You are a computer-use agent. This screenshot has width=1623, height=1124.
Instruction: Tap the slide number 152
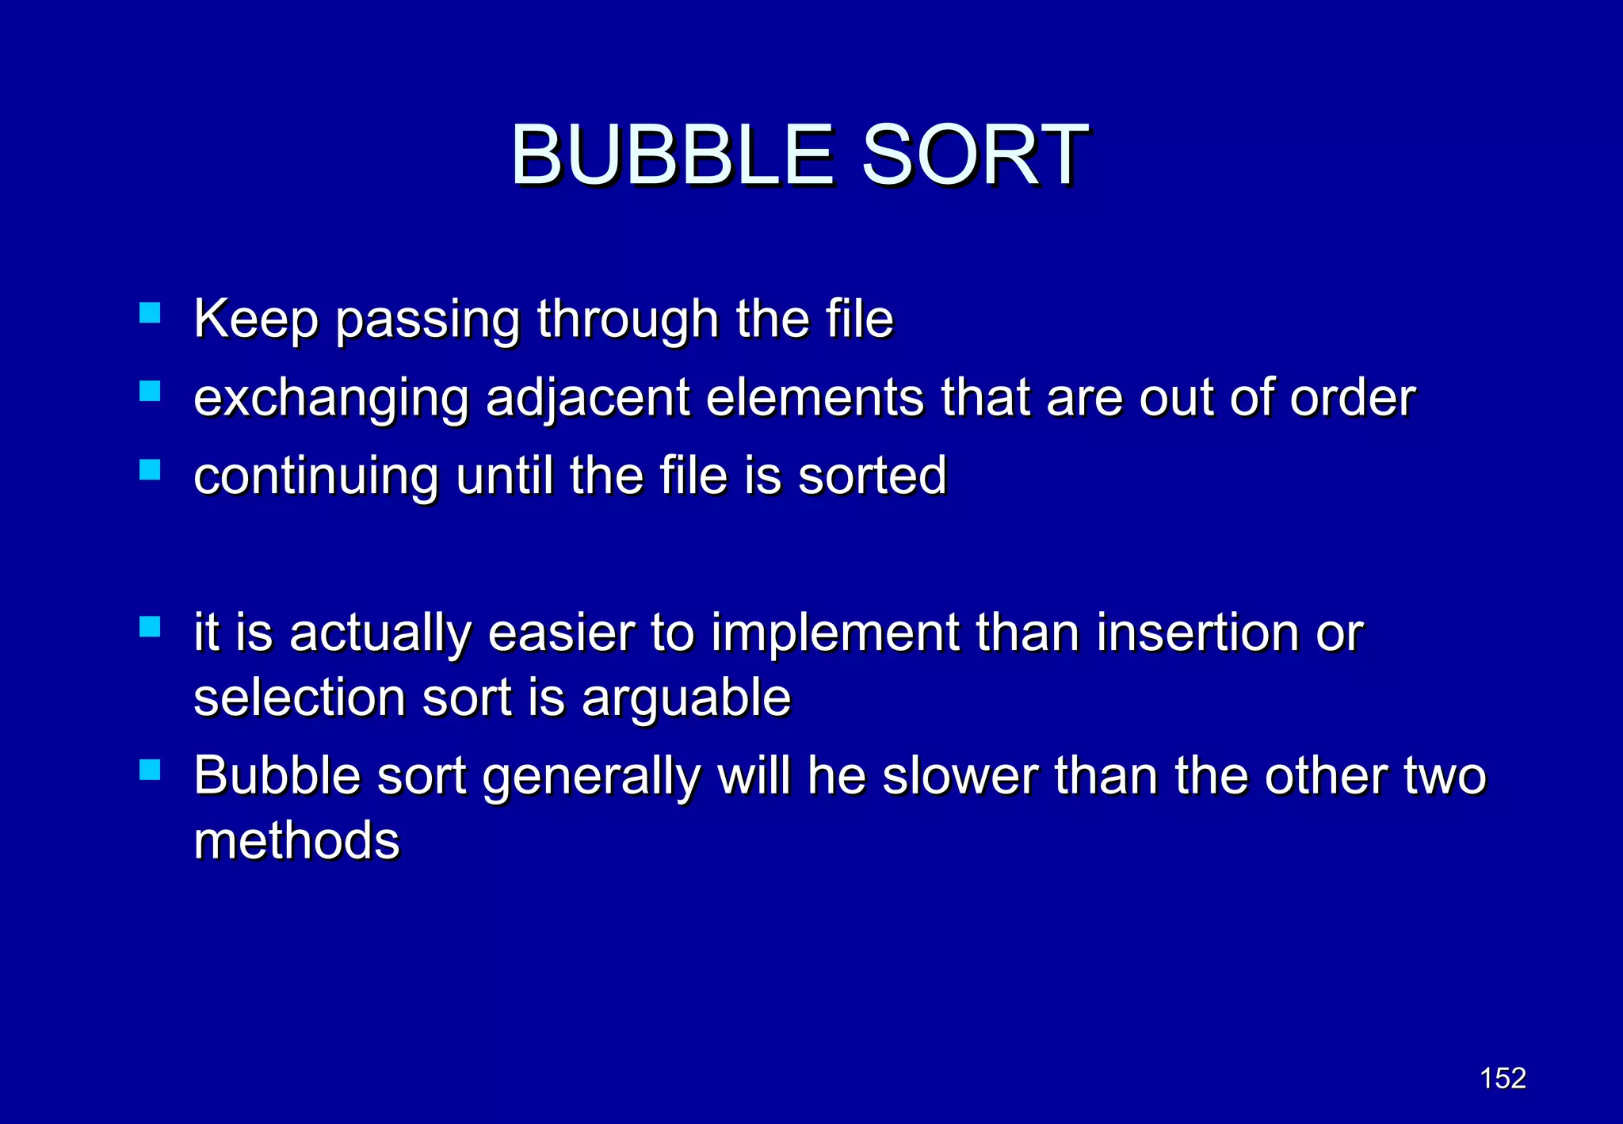click(x=1503, y=1078)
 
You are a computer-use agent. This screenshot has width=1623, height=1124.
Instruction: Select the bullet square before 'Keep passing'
click(x=150, y=312)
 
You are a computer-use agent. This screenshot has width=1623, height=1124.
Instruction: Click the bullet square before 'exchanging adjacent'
click(x=150, y=391)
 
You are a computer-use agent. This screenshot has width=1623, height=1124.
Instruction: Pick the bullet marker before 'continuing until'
click(x=150, y=470)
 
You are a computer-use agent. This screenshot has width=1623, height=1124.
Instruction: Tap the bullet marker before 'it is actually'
click(x=150, y=627)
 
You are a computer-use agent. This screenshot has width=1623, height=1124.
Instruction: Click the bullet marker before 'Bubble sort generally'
click(x=150, y=770)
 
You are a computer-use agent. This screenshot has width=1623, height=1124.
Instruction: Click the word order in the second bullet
click(x=1352, y=398)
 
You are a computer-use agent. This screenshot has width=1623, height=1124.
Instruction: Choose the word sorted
click(x=872, y=476)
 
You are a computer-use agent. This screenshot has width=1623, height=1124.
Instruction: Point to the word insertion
click(x=1197, y=633)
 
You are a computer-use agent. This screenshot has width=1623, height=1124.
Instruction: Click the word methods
click(x=297, y=841)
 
